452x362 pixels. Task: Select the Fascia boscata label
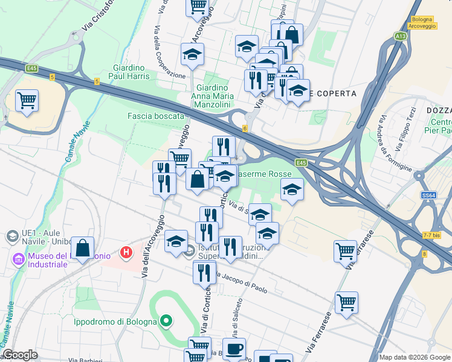click(155, 116)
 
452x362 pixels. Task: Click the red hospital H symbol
click(126, 252)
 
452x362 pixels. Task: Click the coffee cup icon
click(235, 349)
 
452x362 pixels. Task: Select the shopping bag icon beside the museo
click(83, 248)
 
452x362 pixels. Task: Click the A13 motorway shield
click(400, 37)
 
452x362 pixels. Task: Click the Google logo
click(21, 355)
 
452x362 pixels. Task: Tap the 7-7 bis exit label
click(431, 235)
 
